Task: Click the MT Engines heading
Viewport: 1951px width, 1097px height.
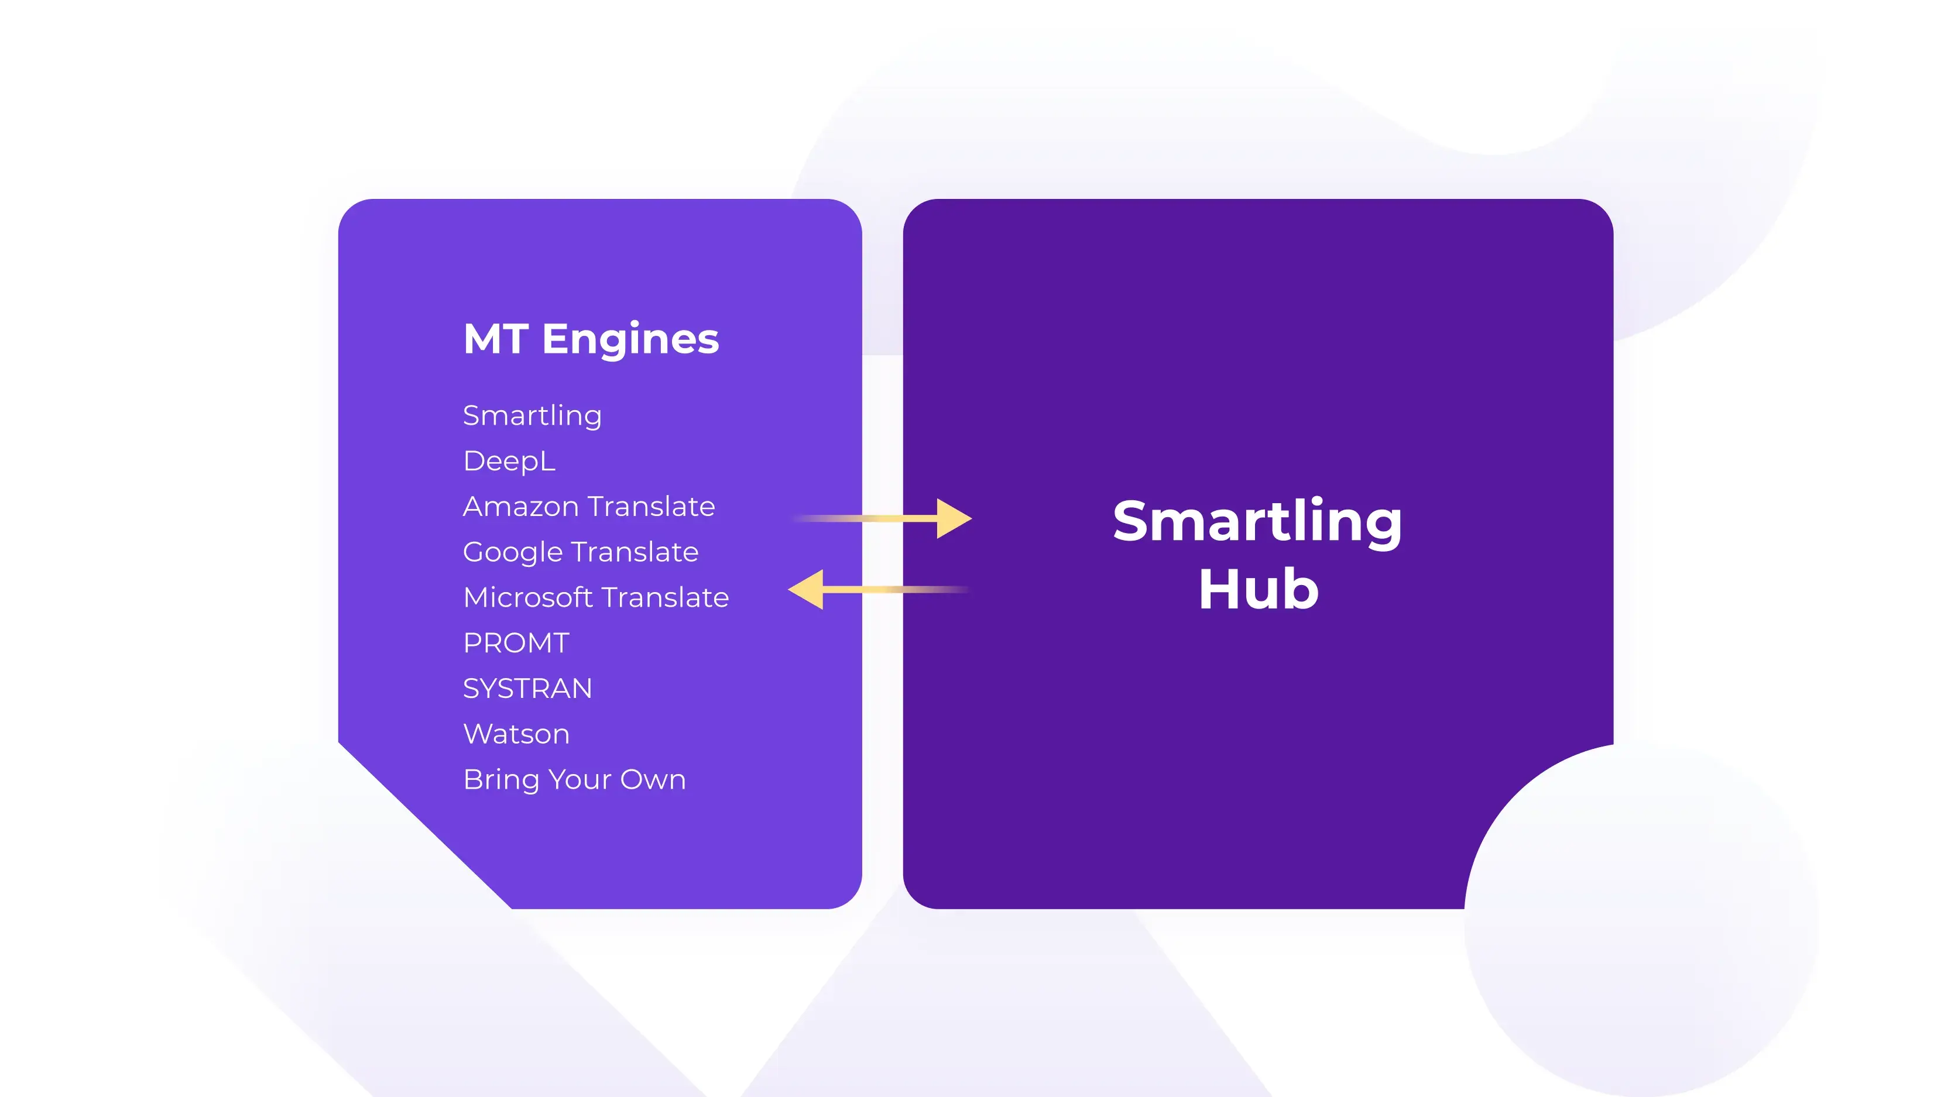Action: click(x=591, y=340)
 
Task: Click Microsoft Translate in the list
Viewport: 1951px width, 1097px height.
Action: click(x=596, y=597)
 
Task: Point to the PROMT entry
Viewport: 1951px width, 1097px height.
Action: click(x=516, y=643)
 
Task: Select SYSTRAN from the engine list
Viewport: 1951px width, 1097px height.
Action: click(x=527, y=688)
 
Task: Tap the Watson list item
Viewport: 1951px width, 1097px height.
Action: click(x=516, y=734)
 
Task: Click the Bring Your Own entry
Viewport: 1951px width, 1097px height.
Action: click(x=574, y=780)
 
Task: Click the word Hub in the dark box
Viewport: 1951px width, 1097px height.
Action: click(x=1258, y=589)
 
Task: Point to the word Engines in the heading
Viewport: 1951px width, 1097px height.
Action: click(x=630, y=340)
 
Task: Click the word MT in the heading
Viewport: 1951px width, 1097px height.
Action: click(x=496, y=339)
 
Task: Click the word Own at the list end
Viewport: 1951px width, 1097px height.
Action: click(x=653, y=780)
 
